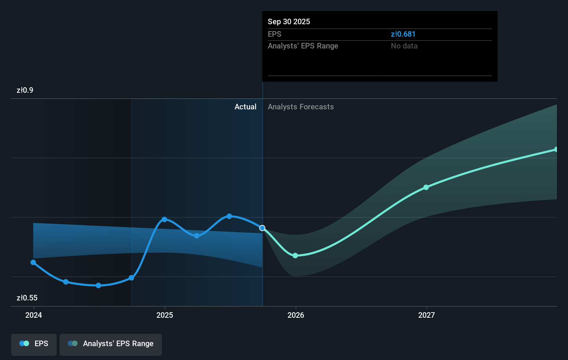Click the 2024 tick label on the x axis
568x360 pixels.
[34, 315]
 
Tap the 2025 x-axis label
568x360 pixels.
[165, 315]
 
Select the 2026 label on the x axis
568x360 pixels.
[296, 315]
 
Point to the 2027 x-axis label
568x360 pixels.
[427, 315]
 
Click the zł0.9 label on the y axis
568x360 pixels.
[25, 90]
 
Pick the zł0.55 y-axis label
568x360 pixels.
[27, 298]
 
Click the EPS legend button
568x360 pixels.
[34, 344]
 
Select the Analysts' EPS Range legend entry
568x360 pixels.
[111, 344]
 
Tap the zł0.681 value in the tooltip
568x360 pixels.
[403, 34]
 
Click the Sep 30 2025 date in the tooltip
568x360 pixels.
[289, 22]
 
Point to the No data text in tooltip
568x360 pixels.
[404, 46]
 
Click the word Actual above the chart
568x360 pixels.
[245, 107]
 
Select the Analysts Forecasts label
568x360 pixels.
[301, 107]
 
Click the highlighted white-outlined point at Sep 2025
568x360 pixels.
[262, 228]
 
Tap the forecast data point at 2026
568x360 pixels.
[295, 255]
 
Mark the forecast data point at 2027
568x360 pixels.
[426, 187]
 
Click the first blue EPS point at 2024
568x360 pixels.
[33, 262]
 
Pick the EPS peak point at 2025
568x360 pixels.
[164, 219]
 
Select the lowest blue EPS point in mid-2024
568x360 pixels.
[98, 286]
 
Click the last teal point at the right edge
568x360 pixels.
[556, 150]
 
